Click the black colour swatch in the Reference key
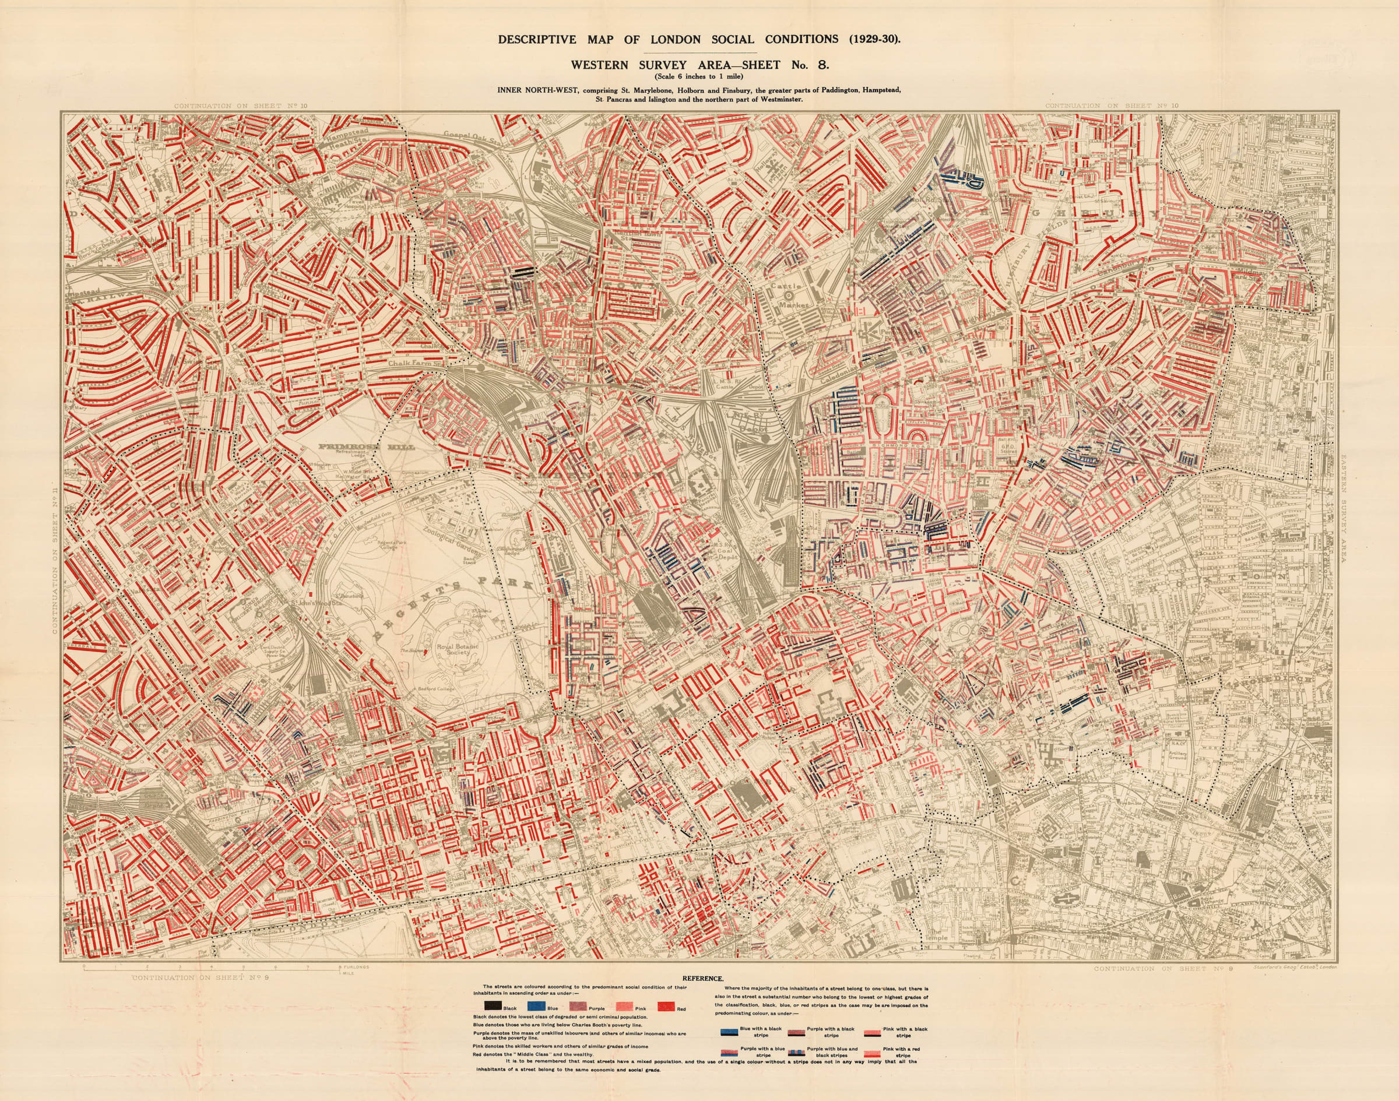[x=491, y=1006]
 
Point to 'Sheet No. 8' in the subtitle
[x=796, y=65]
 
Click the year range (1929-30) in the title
[x=874, y=38]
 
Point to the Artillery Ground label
[x=1179, y=754]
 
